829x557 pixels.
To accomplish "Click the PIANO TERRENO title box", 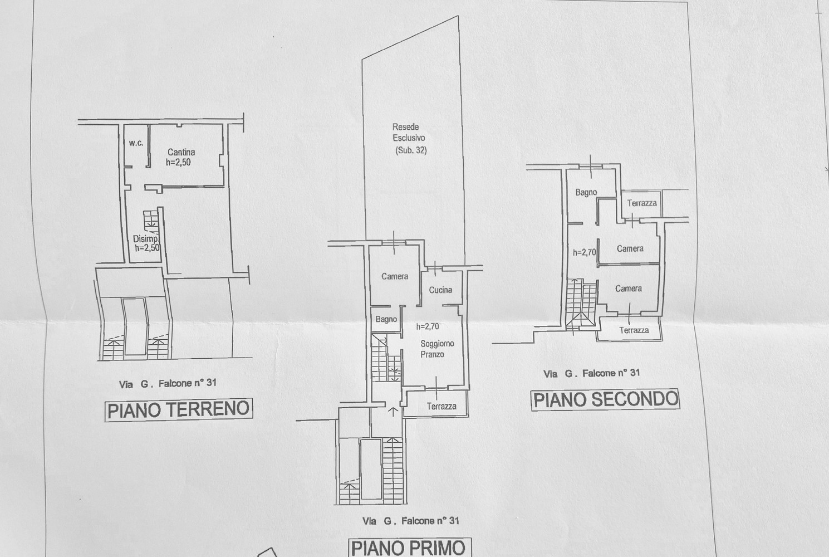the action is [x=179, y=410].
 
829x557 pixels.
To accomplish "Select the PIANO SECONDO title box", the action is [x=606, y=399].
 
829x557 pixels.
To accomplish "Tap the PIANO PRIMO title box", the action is [x=410, y=548].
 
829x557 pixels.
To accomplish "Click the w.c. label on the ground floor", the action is [x=136, y=143].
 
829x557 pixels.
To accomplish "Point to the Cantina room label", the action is [x=182, y=152].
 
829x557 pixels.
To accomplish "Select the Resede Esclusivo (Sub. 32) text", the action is [x=409, y=139].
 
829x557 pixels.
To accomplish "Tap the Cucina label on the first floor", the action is [x=440, y=290].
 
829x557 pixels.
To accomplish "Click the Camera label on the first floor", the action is [x=395, y=276].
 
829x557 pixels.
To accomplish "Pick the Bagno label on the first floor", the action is [x=386, y=319].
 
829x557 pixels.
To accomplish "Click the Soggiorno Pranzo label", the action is [x=437, y=349].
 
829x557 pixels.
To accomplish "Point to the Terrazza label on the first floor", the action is [x=442, y=406].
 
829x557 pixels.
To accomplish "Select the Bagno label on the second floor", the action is [x=586, y=192].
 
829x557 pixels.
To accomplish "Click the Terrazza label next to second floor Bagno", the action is [x=642, y=203].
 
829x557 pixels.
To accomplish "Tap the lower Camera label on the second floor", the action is [x=629, y=289].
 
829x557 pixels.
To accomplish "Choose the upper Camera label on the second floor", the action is [x=630, y=248].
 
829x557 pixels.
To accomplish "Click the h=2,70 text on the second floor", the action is [x=585, y=252].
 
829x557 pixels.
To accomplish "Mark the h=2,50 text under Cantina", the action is [x=178, y=162].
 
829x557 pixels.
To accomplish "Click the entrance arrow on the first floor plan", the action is [x=393, y=412].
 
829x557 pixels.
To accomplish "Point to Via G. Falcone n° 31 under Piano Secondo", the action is [x=591, y=373].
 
